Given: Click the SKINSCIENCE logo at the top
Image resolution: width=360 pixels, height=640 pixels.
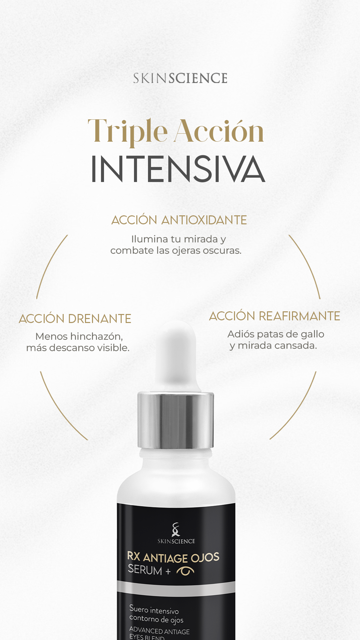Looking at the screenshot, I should pos(180,78).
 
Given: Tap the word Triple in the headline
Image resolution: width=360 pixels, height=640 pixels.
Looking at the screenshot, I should pos(127,132).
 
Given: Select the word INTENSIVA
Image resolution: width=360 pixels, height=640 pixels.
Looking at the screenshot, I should pos(178,169).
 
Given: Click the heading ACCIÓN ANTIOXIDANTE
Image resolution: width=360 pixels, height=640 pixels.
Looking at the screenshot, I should pos(179,220).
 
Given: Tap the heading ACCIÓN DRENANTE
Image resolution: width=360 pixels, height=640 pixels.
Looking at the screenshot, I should pos(75,319).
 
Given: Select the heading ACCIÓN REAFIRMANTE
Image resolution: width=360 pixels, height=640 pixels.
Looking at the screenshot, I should pos(275,316).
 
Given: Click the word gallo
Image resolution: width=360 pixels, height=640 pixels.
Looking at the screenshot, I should pos(312,334).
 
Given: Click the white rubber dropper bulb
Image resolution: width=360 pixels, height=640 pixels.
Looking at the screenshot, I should pos(176,353).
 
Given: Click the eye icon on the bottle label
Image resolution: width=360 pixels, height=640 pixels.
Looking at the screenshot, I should pos(185,571).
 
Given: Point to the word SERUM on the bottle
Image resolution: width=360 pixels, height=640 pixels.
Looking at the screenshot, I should pos(145,570).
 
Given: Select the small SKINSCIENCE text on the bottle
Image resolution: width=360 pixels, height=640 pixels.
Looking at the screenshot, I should pos(176,541).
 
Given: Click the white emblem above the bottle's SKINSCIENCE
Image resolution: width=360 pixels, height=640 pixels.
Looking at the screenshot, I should pos(176,529).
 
